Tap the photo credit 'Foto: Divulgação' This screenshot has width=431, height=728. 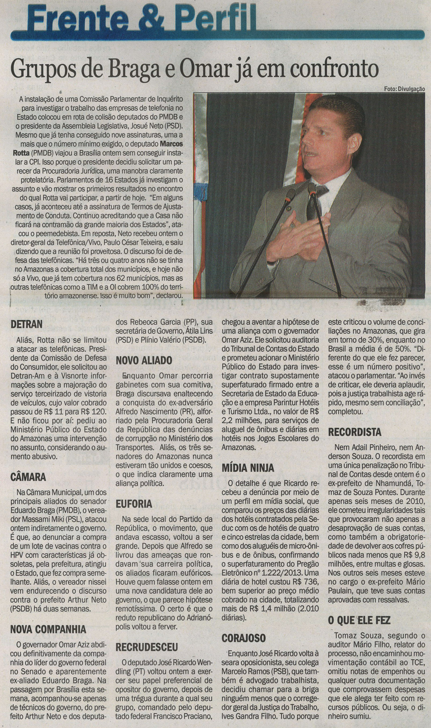pyautogui.click(x=404, y=89)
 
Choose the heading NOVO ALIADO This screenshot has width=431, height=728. pyautogui.click(x=144, y=361)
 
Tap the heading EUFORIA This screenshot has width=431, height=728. pyautogui.click(x=134, y=504)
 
